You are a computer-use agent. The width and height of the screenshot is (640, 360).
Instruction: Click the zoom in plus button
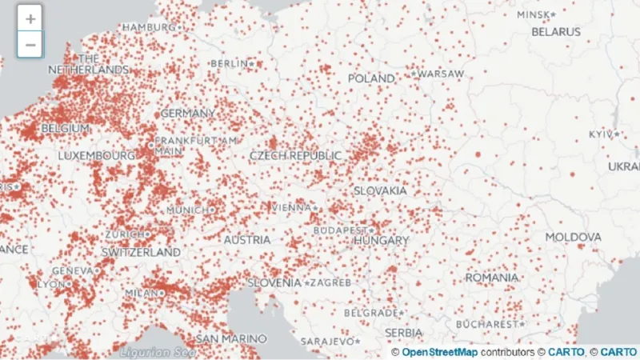tap(30, 18)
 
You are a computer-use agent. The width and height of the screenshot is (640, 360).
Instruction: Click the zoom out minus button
tap(30, 44)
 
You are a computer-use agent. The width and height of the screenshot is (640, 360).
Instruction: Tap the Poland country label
tap(371, 78)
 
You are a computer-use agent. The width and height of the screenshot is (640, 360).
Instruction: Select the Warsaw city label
tap(439, 74)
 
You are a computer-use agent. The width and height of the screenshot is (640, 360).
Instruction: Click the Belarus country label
tap(556, 32)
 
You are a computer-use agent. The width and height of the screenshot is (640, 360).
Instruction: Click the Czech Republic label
tap(295, 155)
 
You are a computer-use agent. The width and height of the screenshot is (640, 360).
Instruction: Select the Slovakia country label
tap(381, 191)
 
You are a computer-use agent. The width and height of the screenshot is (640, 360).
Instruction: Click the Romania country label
tap(491, 277)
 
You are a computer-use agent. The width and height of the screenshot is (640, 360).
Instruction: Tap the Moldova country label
tap(573, 238)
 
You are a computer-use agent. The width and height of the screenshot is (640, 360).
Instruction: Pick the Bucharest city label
tap(488, 324)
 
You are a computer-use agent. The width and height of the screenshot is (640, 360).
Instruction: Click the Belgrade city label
tap(371, 313)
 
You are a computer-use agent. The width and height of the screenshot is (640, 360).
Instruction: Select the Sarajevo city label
tap(326, 342)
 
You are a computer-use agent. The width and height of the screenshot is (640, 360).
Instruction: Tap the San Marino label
tap(231, 338)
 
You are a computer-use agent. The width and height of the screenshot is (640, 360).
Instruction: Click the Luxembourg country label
tap(96, 154)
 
